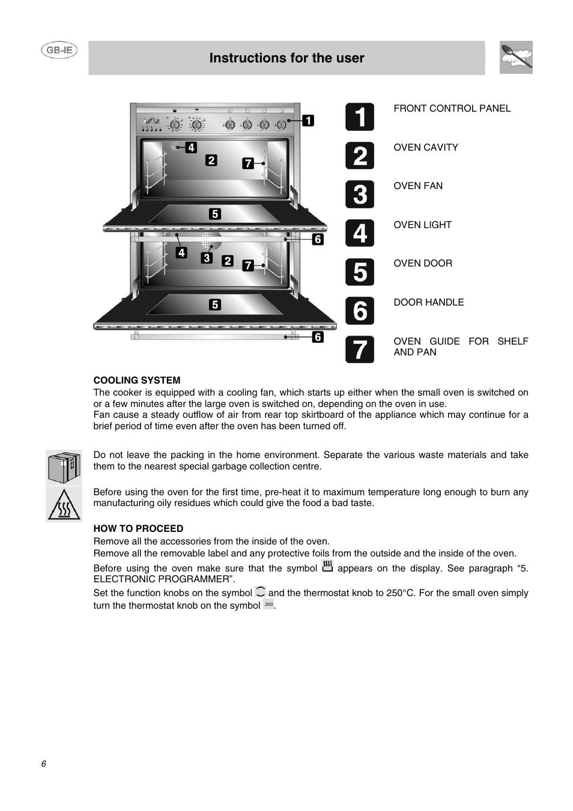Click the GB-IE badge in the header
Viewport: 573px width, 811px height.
(x=59, y=50)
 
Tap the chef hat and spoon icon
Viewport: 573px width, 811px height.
(x=516, y=58)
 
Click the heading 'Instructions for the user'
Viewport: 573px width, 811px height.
(x=286, y=58)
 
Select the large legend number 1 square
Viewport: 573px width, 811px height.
(x=359, y=116)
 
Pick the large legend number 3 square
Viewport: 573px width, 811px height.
(x=359, y=194)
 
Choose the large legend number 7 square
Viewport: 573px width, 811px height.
(x=359, y=349)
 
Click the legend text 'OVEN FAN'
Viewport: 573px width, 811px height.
(x=418, y=186)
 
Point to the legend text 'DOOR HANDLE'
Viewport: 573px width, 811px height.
(x=428, y=303)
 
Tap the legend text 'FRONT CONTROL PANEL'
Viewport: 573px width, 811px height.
(x=452, y=109)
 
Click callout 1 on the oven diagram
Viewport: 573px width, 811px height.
(x=308, y=121)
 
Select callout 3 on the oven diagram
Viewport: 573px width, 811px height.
(x=207, y=258)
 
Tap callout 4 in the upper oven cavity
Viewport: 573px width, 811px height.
(x=191, y=147)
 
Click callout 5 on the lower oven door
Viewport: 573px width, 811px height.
(x=214, y=305)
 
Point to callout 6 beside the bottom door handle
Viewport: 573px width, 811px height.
(x=318, y=337)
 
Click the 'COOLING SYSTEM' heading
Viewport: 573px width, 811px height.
(x=136, y=381)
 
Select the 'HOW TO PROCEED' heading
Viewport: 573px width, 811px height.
(x=138, y=529)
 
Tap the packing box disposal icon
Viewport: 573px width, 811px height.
(x=64, y=468)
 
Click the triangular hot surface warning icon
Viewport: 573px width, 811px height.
(x=64, y=504)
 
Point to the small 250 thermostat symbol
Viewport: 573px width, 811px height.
(x=268, y=604)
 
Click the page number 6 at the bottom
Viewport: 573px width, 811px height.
(x=43, y=764)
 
